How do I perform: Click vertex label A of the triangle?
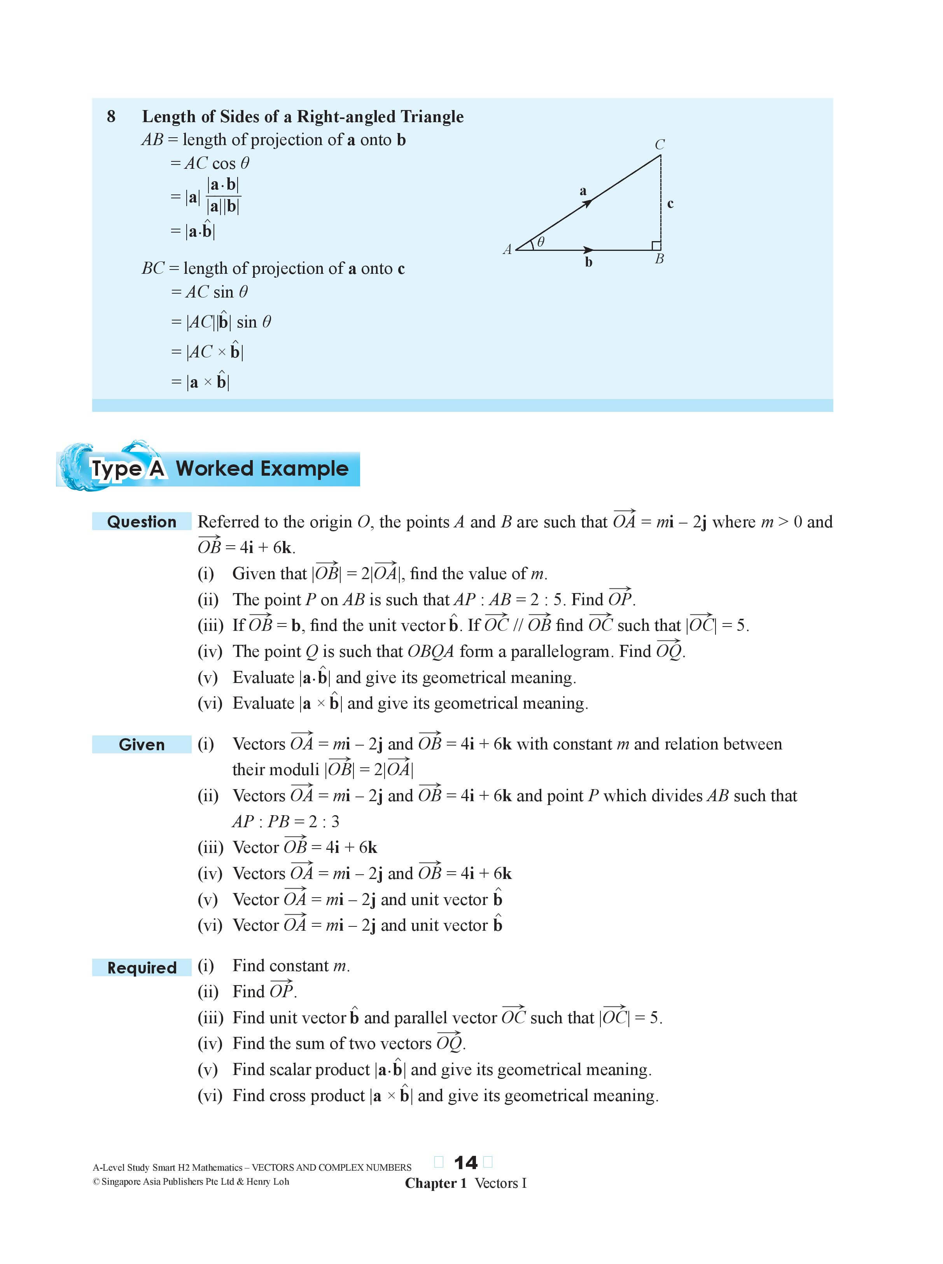(507, 249)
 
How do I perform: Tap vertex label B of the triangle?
(659, 259)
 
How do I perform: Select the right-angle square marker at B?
(656, 245)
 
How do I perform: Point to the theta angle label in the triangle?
(541, 242)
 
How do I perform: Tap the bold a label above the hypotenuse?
(583, 191)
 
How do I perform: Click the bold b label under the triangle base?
(588, 262)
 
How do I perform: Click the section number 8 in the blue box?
(111, 116)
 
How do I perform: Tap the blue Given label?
(142, 744)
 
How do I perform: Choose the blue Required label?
(142, 968)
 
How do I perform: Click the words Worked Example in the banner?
(262, 469)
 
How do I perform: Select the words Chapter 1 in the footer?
(436, 1183)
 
